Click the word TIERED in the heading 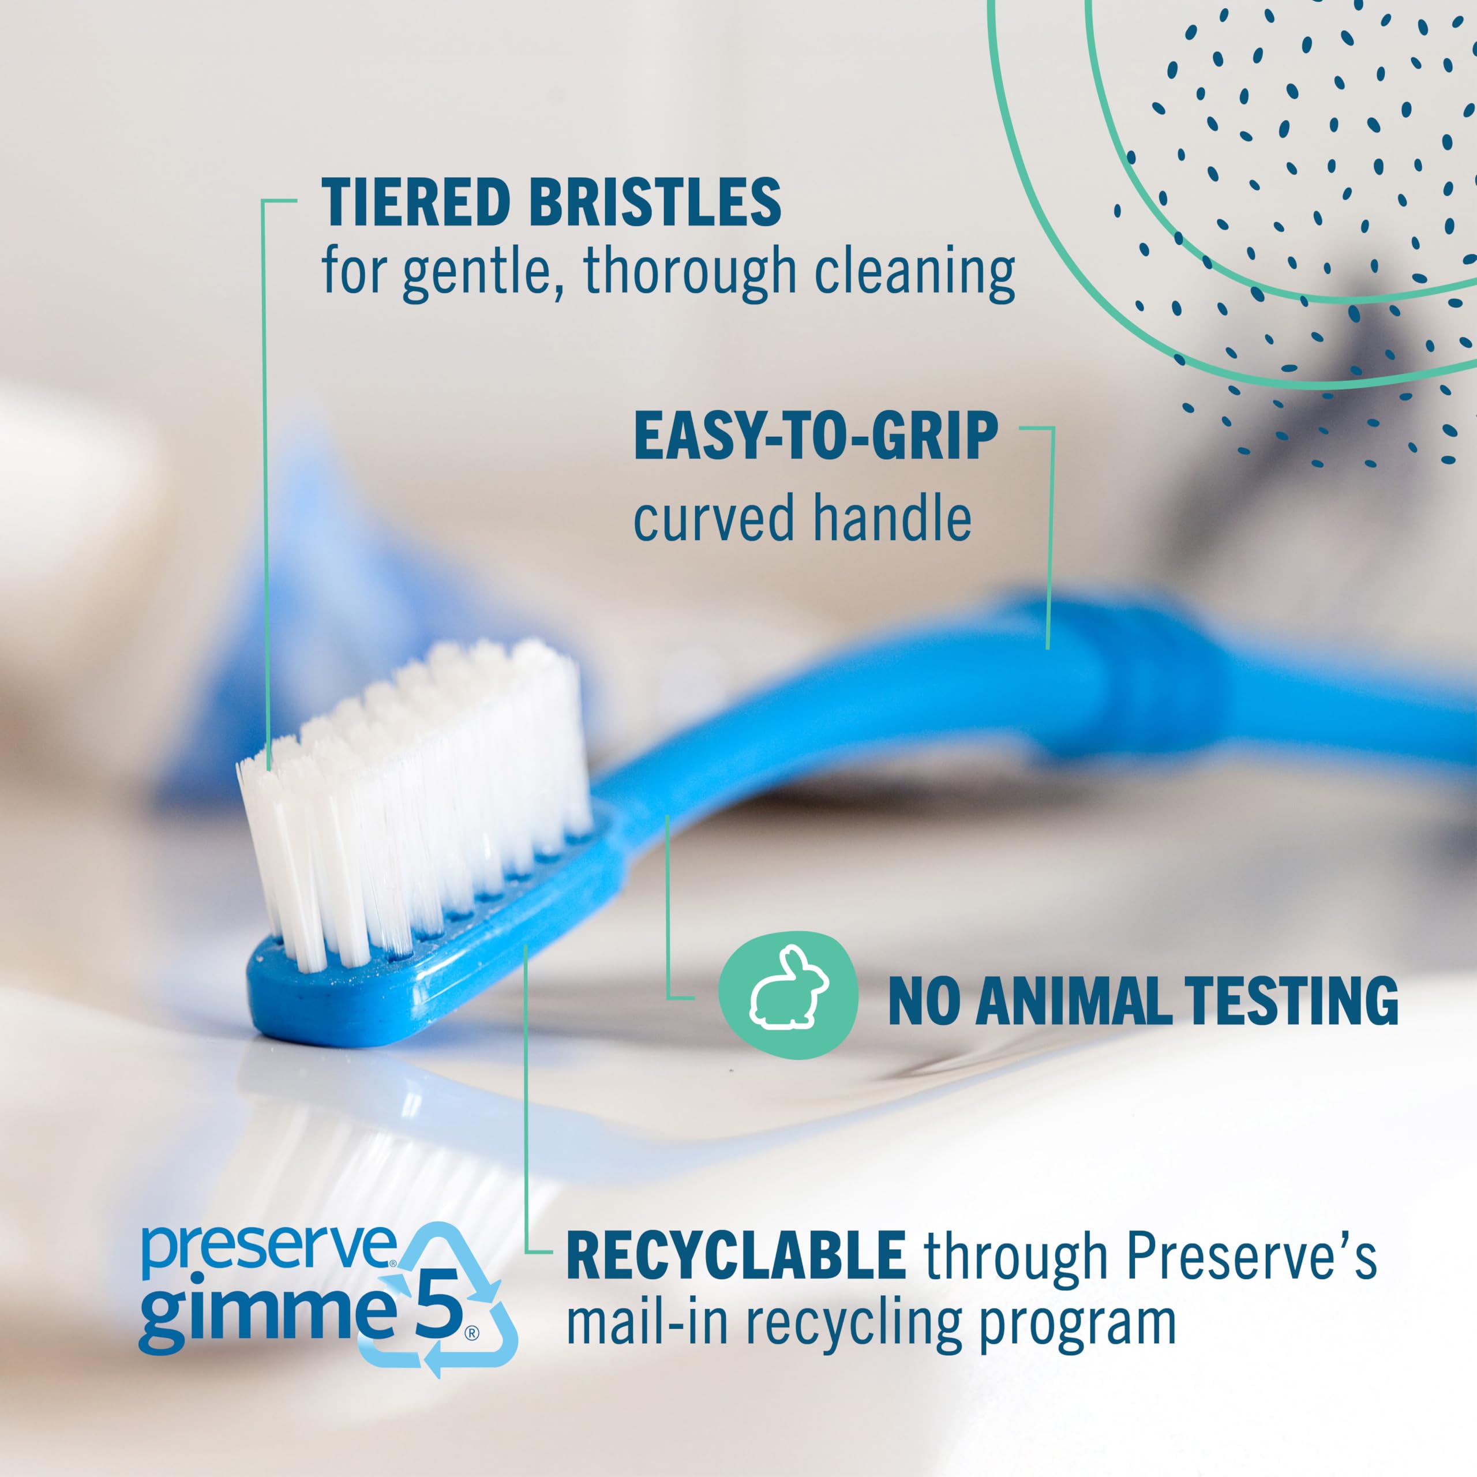pyautogui.click(x=415, y=203)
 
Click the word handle pyautogui.click(x=891, y=518)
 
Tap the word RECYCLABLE pyautogui.click(x=736, y=1255)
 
